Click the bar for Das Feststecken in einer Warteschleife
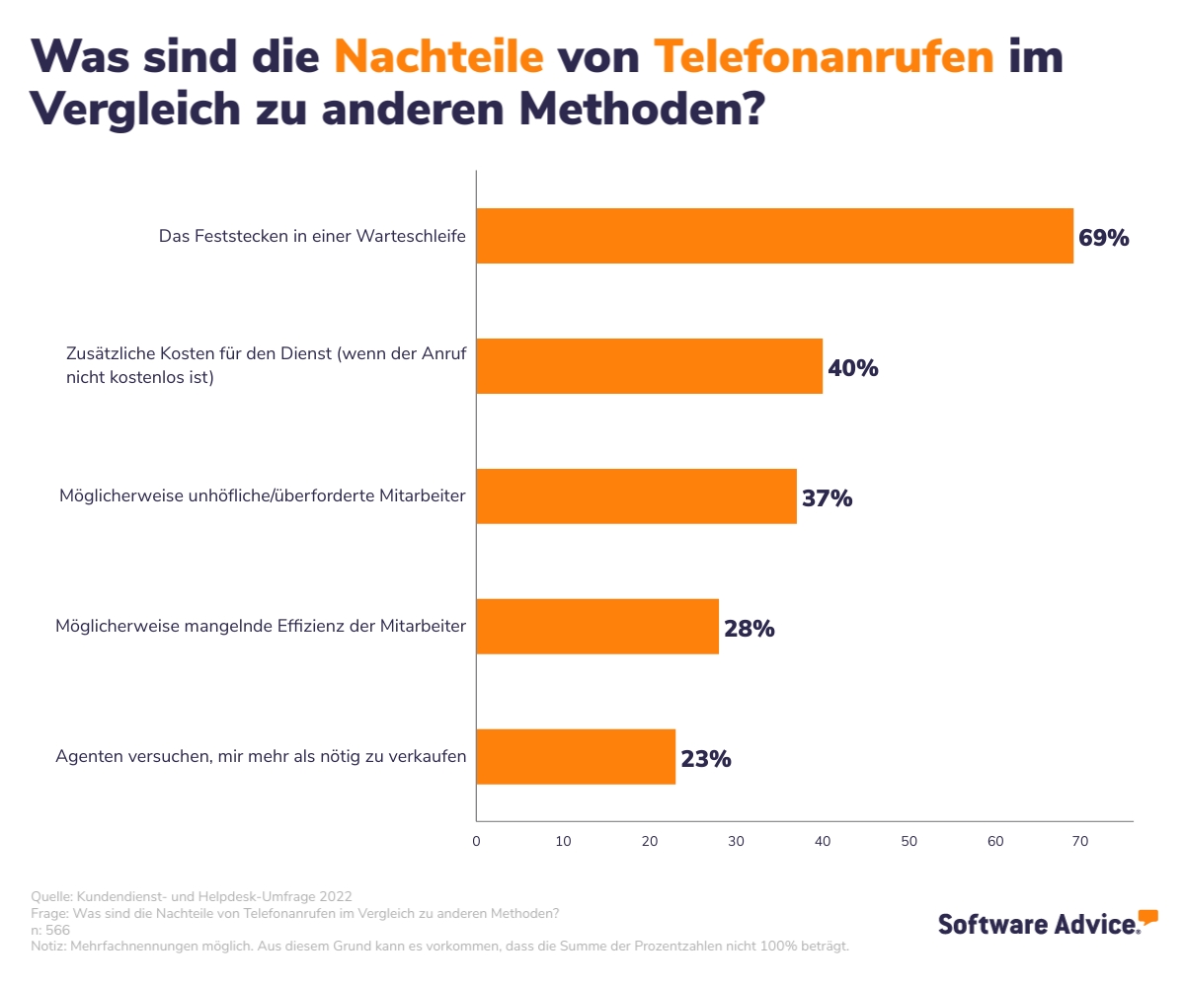774,236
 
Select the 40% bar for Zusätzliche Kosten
649,366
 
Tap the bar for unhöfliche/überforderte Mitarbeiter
636,496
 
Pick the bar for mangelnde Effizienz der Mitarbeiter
597,627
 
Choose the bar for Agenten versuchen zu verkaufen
576,757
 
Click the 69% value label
1103,238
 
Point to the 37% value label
827,498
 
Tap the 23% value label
705,759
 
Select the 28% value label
749,629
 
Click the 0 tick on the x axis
476,841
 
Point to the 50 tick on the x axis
908,841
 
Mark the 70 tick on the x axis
1080,841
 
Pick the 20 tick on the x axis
649,841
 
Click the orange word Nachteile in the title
438,57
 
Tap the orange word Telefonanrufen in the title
824,57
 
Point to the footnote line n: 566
51,930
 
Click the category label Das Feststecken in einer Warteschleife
312,237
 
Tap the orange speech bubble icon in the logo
1147,917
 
